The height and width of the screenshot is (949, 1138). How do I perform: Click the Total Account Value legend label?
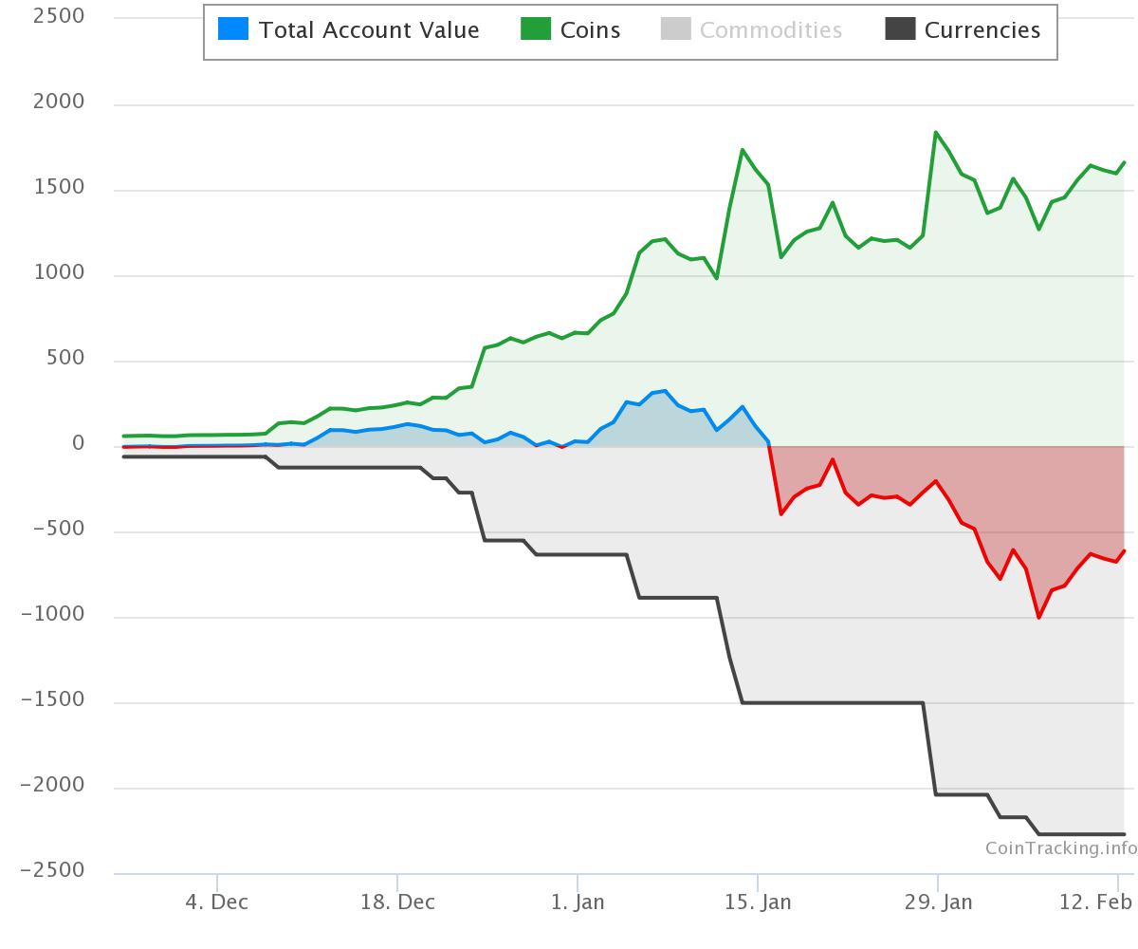point(369,30)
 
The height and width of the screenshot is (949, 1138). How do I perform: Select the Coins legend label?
point(590,30)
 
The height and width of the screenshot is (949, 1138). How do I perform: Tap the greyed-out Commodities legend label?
point(770,30)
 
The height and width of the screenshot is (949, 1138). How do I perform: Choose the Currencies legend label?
point(982,30)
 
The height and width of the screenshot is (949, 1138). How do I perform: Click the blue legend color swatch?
point(233,29)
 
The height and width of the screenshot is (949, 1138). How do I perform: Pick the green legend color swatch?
point(536,29)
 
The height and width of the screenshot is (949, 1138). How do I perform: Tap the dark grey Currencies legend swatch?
point(900,29)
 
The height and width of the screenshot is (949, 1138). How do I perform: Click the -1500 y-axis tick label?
point(52,699)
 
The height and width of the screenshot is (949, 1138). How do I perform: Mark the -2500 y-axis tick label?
point(52,870)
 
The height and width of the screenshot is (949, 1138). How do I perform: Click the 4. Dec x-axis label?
point(217,902)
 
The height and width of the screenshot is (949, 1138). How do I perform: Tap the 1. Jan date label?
point(577,902)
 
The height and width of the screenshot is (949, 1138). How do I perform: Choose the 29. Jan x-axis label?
point(937,902)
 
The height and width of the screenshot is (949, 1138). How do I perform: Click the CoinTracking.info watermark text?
point(1060,847)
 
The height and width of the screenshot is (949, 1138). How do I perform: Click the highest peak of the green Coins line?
point(936,133)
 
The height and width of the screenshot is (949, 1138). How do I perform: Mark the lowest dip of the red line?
point(1039,617)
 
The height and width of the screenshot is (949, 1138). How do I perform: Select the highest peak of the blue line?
point(665,391)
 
